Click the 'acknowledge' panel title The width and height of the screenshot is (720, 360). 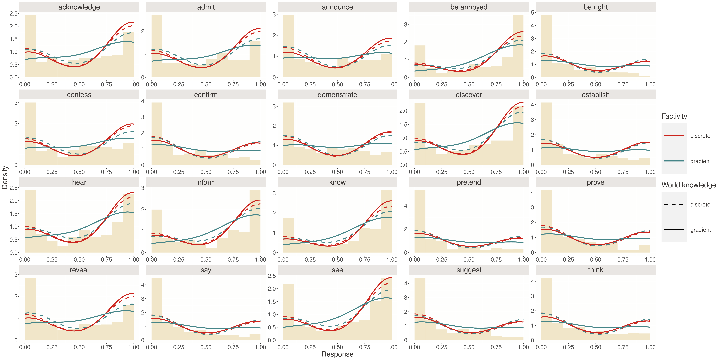click(79, 7)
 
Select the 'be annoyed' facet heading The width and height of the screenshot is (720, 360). click(469, 7)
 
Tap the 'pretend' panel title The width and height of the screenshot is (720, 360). click(469, 182)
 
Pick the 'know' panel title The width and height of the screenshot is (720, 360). click(337, 182)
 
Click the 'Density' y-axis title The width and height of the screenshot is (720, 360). click(5, 178)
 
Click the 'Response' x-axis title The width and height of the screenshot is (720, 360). click(337, 354)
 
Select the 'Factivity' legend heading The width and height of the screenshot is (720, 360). click(674, 116)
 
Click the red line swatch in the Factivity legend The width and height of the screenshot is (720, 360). click(674, 136)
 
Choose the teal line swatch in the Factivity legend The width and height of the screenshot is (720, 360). click(674, 161)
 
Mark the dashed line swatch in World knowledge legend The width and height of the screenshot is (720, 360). click(674, 204)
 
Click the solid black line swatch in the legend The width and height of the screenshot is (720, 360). click(674, 230)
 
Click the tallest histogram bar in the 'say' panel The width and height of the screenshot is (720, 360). click(157, 309)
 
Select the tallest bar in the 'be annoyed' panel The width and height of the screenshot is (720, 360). click(518, 46)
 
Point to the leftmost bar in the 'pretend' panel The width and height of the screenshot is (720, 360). click(420, 221)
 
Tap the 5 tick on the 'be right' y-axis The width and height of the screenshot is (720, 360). click(533, 13)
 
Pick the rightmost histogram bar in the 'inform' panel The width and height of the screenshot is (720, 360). click(255, 221)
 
